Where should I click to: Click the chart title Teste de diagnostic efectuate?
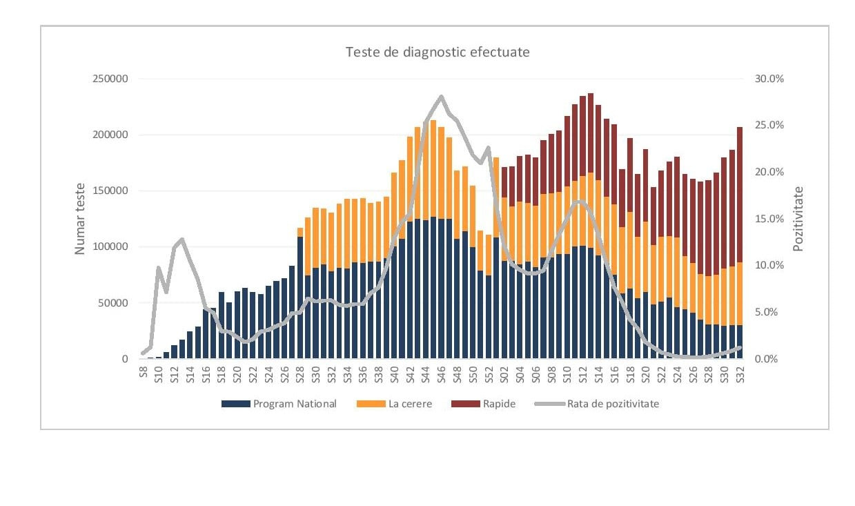438,52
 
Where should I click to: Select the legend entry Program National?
279,404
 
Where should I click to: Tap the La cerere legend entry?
396,404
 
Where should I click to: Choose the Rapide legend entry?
483,404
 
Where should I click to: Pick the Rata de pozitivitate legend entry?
597,404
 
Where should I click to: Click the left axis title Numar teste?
80,218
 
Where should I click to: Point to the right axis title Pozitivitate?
798,218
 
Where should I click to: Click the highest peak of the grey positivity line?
441,97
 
